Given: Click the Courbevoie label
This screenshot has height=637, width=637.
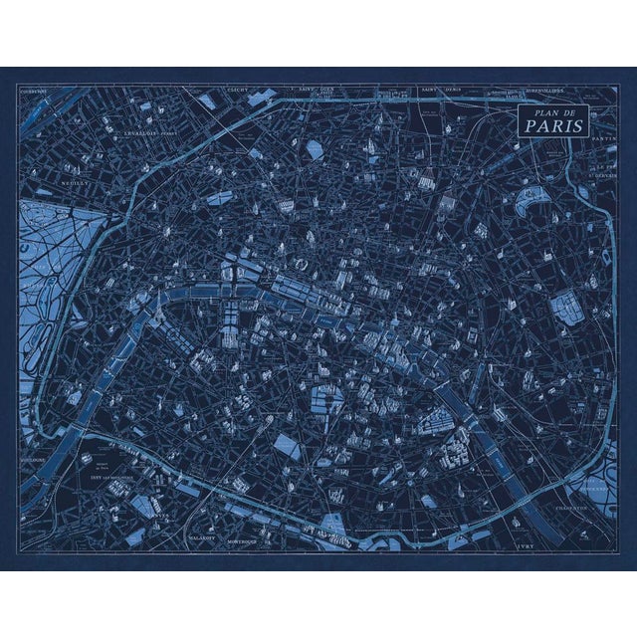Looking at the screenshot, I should pos(33,90).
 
